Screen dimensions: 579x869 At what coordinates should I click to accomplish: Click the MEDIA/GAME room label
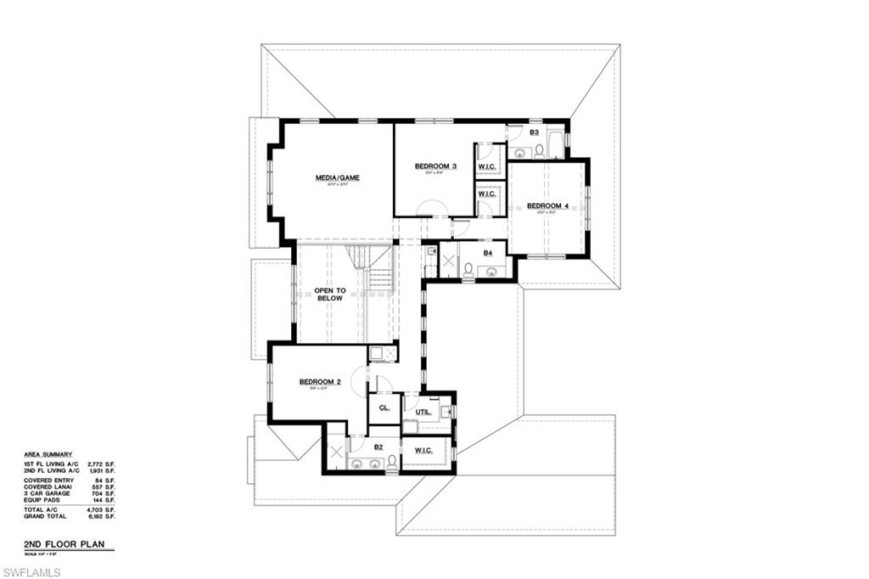338,178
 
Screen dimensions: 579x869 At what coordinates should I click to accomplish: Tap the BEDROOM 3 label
435,166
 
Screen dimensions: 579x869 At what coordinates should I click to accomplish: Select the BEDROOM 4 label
547,205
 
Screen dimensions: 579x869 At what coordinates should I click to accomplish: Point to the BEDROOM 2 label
320,382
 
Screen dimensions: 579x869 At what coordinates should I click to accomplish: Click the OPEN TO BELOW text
329,295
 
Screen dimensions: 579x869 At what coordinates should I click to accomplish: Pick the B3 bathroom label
535,132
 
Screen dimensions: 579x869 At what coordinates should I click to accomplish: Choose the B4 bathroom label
488,253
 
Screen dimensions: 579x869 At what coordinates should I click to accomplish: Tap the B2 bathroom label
378,447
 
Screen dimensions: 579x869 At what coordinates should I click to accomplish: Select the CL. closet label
384,408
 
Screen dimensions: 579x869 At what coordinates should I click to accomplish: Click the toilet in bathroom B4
468,270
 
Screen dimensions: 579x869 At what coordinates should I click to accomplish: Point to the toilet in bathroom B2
391,463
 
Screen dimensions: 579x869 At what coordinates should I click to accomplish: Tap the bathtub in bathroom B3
556,145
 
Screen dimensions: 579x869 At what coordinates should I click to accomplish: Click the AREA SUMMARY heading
48,454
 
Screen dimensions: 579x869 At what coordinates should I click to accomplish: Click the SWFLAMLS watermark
31,572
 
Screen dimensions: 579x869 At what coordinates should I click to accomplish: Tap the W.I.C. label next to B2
424,450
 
